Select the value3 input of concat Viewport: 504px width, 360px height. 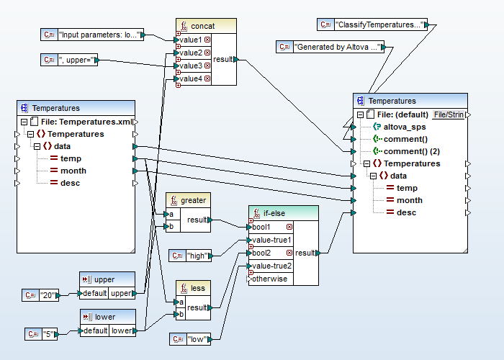point(191,66)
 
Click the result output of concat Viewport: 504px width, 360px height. point(223,59)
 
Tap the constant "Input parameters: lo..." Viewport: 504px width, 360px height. point(98,34)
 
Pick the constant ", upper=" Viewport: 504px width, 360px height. point(76,60)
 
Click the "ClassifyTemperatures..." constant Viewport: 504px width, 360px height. point(379,24)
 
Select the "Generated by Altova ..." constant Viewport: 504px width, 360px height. point(337,48)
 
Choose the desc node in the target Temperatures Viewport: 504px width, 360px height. point(406,212)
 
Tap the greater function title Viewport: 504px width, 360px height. point(193,200)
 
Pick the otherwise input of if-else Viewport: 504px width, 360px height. point(269,279)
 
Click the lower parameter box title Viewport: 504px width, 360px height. point(105,317)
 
